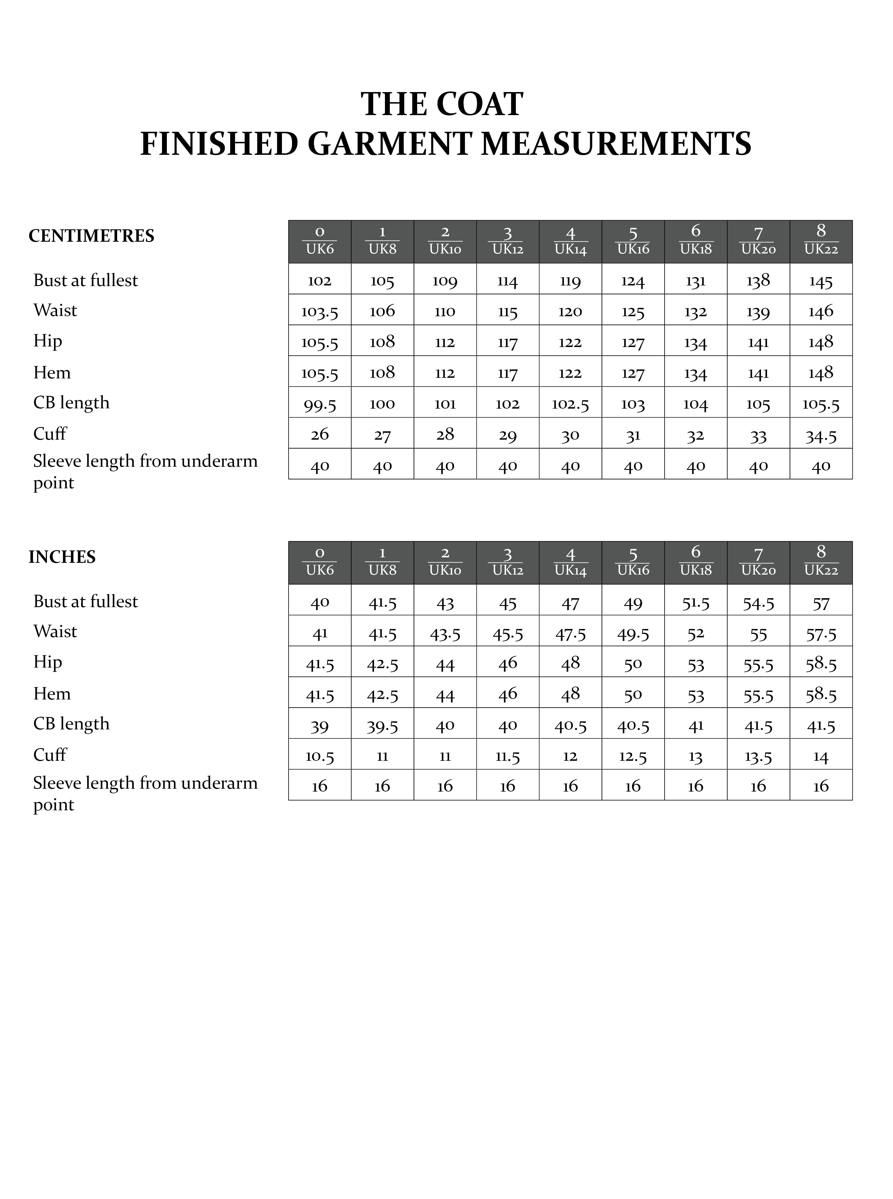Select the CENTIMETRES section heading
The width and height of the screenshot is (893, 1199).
pos(91,236)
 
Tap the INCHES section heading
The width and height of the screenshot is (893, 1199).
pos(62,557)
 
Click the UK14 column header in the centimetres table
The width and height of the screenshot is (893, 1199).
pos(570,242)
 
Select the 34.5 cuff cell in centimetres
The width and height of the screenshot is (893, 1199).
pos(821,434)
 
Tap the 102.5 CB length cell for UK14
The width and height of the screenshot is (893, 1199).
pos(570,404)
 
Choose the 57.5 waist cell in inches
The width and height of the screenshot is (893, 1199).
pos(821,632)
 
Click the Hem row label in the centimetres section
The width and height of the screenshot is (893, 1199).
pos(52,372)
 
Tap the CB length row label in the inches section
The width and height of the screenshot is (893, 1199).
pos(71,723)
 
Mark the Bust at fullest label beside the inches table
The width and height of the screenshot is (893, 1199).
pos(85,601)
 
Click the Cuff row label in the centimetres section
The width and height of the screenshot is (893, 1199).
pos(50,434)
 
